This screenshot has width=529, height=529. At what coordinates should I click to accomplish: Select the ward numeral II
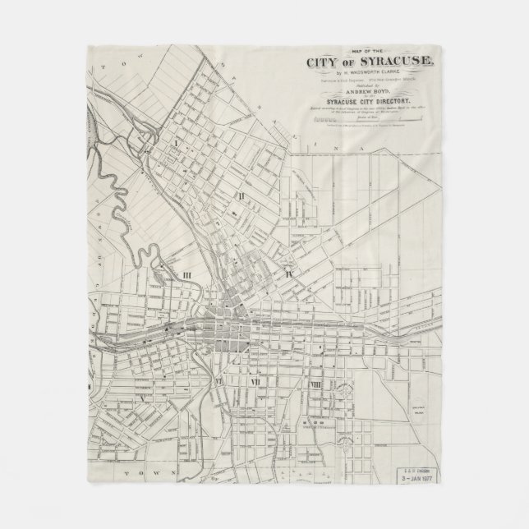241,195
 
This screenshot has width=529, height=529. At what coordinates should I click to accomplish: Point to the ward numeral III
187,276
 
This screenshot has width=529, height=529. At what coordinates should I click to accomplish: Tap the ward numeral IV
288,272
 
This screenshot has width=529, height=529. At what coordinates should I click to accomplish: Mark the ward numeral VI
218,382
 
